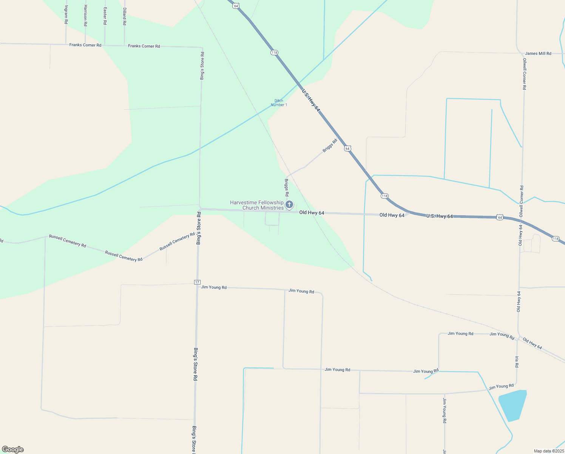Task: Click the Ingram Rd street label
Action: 66,15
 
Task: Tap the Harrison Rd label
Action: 85,16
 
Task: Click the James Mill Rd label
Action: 538,54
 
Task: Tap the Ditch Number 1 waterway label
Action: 279,103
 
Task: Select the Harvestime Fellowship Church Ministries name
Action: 257,205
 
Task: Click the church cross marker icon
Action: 289,205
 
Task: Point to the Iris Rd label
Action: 517,362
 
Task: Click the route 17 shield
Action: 197,282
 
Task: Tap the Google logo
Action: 13,449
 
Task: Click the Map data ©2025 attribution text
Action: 548,451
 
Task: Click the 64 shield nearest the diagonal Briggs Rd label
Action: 347,149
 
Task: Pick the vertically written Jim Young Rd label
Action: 445,410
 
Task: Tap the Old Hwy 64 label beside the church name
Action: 312,213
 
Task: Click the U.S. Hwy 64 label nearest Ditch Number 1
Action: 311,100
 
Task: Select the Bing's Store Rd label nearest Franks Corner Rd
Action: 202,66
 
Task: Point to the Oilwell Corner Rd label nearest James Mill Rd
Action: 525,74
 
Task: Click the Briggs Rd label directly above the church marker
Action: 287,188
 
